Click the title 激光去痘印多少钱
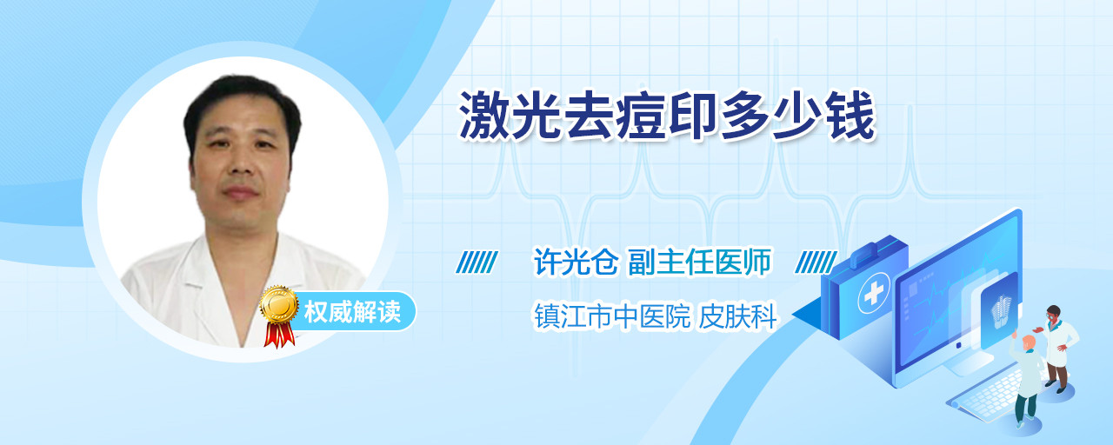pyautogui.click(x=667, y=116)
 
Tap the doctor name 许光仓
pyautogui.click(x=576, y=262)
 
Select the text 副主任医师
pyautogui.click(x=700, y=262)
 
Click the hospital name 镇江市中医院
pyautogui.click(x=612, y=315)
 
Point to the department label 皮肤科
pyautogui.click(x=737, y=315)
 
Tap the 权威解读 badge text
pyautogui.click(x=352, y=312)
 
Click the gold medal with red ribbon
pyautogui.click(x=279, y=315)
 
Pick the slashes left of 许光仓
pyautogui.click(x=477, y=262)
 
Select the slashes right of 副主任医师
pyautogui.click(x=816, y=262)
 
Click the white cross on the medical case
pyautogui.click(x=874, y=294)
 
